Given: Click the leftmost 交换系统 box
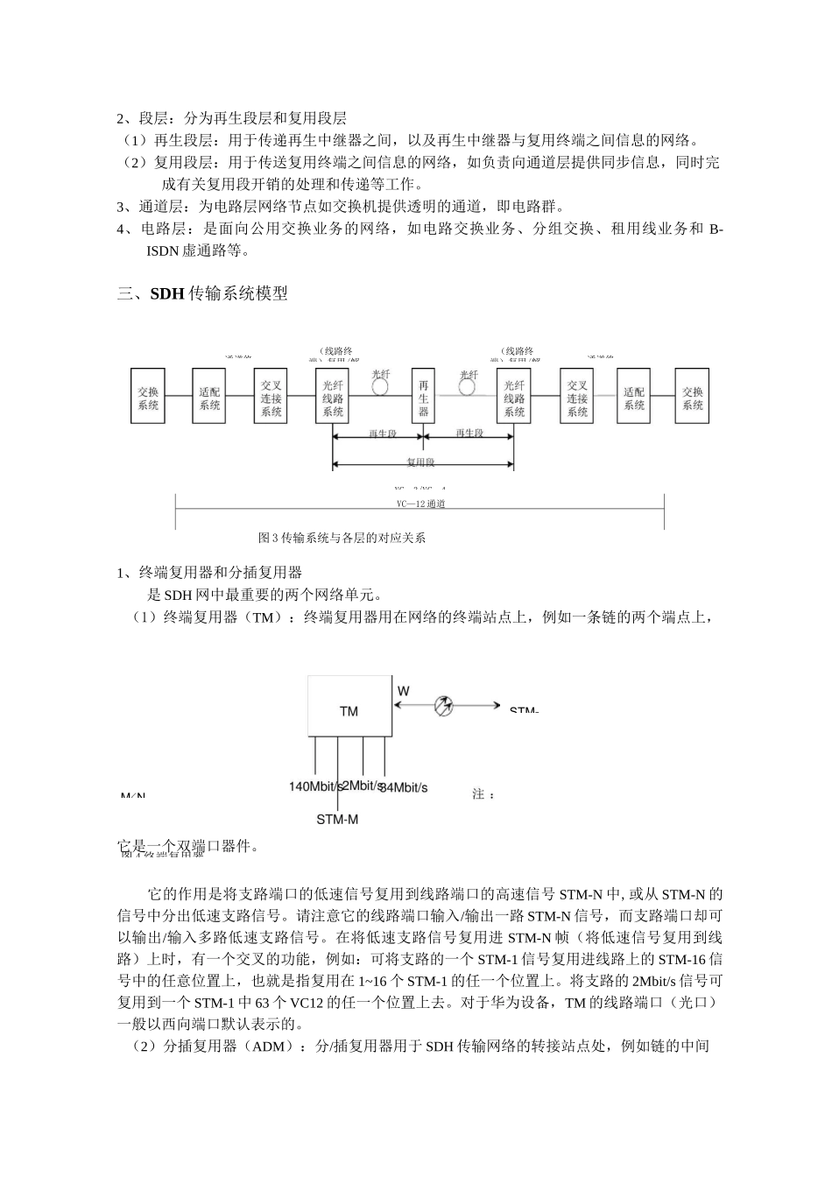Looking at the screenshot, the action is [148, 398].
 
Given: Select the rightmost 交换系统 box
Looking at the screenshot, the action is [692, 398].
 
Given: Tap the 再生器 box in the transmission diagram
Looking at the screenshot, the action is [424, 398].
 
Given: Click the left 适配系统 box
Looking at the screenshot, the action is [209, 398].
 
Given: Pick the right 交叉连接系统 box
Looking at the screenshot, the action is [576, 398].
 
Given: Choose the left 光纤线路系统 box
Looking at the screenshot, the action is [333, 398].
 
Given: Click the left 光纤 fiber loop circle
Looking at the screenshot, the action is [380, 385].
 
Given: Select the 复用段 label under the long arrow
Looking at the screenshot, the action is [421, 462].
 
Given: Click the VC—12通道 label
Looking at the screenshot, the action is [420, 504].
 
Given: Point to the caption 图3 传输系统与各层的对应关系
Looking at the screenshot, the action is [342, 538].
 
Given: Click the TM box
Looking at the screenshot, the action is [349, 710].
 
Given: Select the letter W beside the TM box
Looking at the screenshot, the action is [403, 691].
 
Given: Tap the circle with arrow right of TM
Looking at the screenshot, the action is [446, 706].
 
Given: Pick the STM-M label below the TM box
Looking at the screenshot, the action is [337, 820].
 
